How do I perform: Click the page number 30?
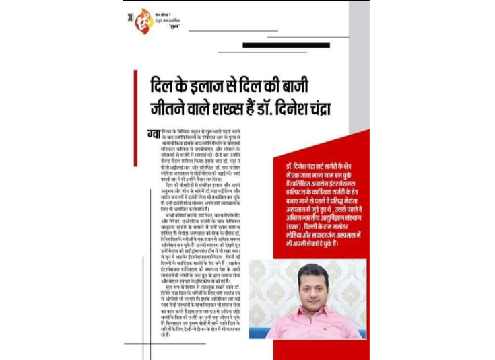point(131,17)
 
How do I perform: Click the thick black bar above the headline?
point(284,46)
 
